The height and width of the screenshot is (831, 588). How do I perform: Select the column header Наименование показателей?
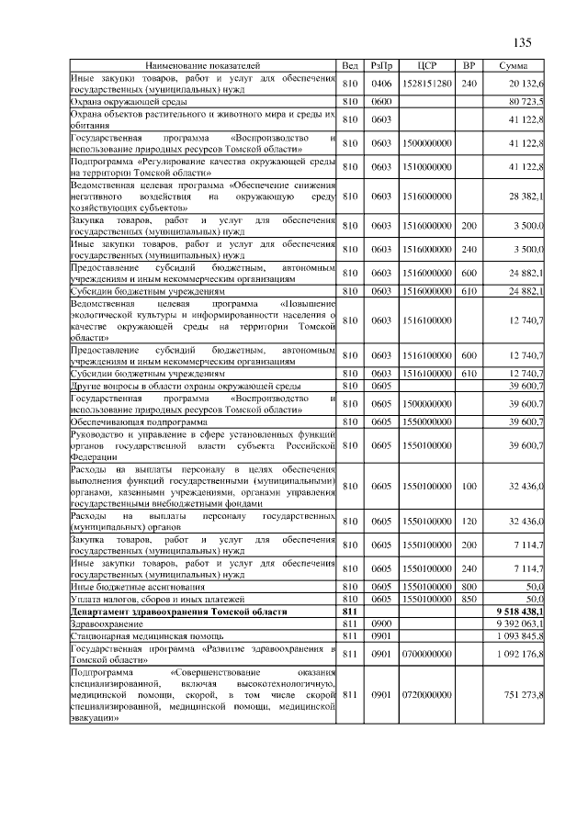click(203, 67)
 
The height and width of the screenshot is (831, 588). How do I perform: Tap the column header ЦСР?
click(425, 67)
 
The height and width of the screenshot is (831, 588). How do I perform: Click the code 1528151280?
click(425, 84)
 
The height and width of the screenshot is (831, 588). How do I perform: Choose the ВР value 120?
click(469, 522)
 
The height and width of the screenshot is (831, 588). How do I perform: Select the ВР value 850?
click(469, 598)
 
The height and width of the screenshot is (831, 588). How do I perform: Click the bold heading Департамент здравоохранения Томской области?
click(161, 610)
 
